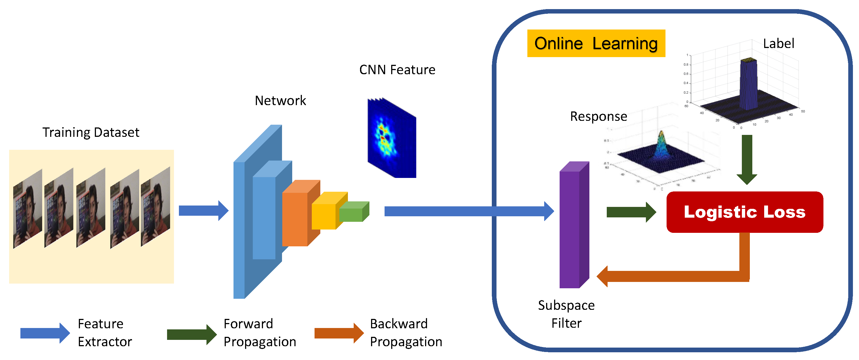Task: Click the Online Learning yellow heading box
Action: click(596, 43)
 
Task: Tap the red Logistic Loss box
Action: click(744, 212)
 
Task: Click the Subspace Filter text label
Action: click(566, 314)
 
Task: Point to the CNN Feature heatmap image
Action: click(392, 138)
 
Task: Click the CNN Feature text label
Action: click(397, 70)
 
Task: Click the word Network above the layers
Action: click(280, 100)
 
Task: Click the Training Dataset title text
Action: click(91, 132)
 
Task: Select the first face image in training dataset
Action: click(28, 209)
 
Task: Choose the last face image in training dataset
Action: click(155, 207)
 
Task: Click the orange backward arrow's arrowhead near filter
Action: click(603, 276)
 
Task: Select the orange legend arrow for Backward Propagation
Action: click(339, 333)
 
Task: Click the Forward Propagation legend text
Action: click(259, 333)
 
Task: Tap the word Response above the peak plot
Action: click(598, 116)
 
